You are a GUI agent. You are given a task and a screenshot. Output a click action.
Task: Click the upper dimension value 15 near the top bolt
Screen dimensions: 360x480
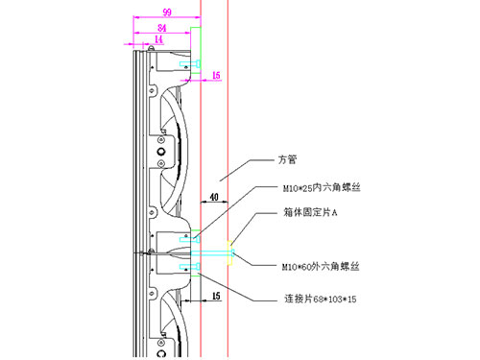tap(216, 74)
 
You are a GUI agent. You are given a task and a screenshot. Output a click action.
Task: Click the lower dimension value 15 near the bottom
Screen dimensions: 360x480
tap(216, 298)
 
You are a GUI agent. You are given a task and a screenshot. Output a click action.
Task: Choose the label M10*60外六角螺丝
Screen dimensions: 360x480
tap(323, 264)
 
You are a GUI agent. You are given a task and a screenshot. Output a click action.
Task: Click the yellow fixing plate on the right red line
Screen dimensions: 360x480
tap(228, 253)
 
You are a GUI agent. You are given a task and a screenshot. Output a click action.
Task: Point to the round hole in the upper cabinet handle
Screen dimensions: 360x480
tap(160, 152)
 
